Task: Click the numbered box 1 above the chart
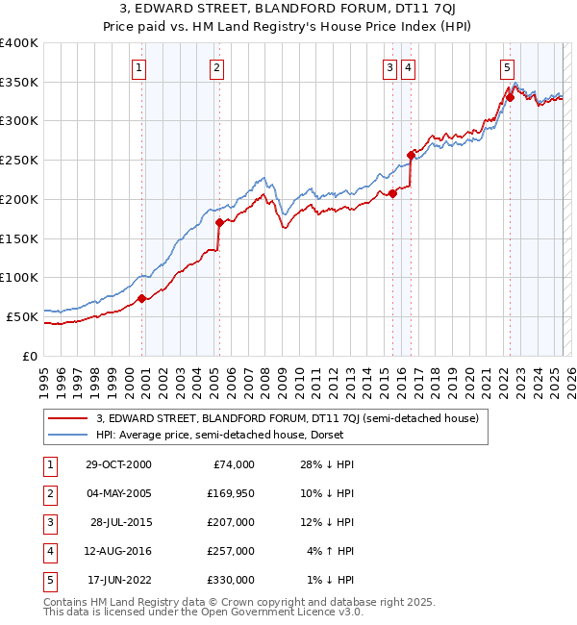[140, 67]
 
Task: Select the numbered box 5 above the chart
[507, 67]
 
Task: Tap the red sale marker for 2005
[219, 223]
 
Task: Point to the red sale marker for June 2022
[511, 97]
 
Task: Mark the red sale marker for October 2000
[142, 298]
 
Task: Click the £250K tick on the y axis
[19, 161]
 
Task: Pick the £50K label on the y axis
[22, 316]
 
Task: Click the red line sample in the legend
[67, 418]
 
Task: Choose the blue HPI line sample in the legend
[67, 435]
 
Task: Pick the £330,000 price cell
[229, 581]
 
